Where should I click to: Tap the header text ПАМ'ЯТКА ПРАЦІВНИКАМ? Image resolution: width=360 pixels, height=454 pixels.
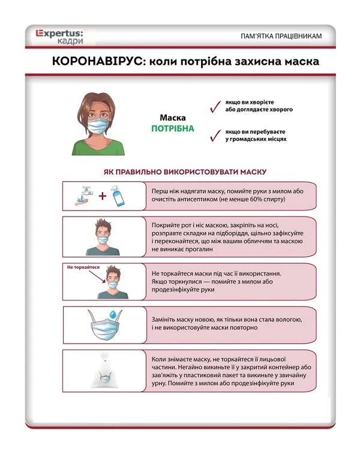pos(281,37)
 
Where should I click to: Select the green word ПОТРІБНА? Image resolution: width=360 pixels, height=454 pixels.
pos(172,128)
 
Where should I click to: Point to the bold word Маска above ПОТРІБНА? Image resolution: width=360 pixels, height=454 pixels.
pos(172,118)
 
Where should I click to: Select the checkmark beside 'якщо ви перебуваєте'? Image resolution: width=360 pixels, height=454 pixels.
pos(212,136)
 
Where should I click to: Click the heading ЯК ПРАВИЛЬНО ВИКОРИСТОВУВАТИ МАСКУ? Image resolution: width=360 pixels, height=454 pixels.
pos(185,172)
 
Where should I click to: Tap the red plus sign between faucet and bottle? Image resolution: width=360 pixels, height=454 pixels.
pos(102,196)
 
